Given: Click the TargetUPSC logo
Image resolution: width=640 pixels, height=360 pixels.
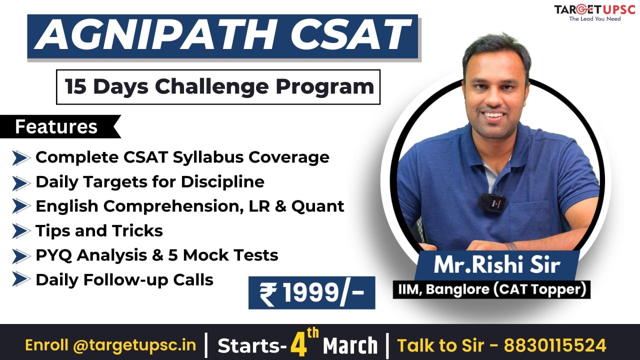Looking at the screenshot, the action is [594, 13].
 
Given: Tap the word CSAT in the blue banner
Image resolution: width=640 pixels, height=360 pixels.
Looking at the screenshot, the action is [350, 35].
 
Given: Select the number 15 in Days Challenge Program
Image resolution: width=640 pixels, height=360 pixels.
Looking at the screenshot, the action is [75, 86].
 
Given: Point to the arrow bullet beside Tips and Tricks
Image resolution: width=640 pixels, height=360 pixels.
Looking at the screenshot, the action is [21, 231].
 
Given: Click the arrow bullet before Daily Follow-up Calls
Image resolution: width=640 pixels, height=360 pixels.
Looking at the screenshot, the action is [21, 279].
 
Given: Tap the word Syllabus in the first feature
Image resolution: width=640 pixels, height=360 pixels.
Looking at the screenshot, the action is [208, 158].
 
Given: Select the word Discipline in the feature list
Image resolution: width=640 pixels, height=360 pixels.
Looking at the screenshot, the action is [222, 182].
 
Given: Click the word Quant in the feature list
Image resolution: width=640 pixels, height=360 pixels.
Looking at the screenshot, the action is [317, 206].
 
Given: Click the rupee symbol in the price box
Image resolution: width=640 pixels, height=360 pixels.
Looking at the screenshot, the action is [268, 294].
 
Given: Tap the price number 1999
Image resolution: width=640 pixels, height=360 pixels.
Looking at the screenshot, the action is [311, 292].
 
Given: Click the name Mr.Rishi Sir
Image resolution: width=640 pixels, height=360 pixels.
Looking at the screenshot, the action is [497, 265].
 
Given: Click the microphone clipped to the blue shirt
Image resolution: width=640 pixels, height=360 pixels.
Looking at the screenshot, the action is [491, 203].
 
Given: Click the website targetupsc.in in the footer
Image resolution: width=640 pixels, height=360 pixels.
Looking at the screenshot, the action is [134, 345].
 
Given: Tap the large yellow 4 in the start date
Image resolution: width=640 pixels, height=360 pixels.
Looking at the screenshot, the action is [299, 345].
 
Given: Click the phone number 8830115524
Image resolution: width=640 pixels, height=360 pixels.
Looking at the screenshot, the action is [555, 345].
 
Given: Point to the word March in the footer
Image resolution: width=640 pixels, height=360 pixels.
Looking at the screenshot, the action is [350, 345].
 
